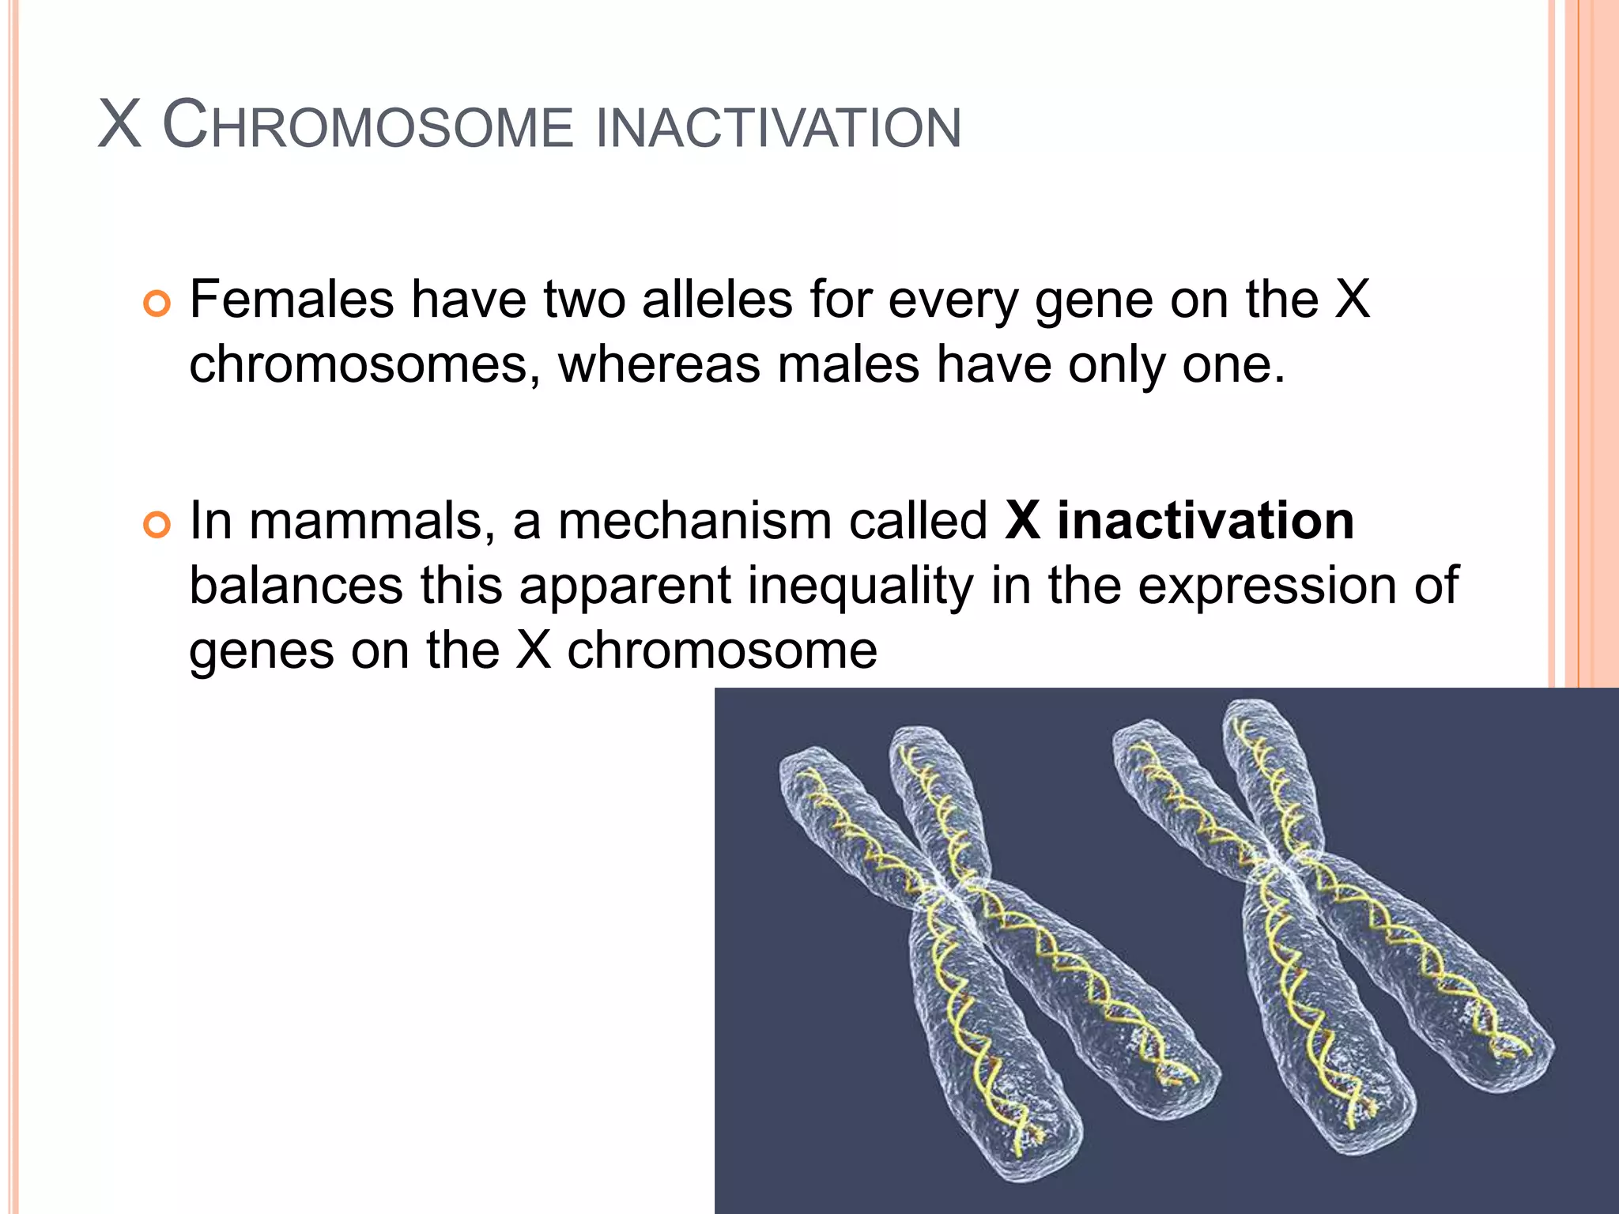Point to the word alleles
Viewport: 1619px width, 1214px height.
pos(717,300)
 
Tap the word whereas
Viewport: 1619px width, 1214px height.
pos(659,365)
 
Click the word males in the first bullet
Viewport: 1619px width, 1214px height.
pos(848,365)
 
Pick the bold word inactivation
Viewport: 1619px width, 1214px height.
pos(1206,521)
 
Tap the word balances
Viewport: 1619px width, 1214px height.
pos(296,586)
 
